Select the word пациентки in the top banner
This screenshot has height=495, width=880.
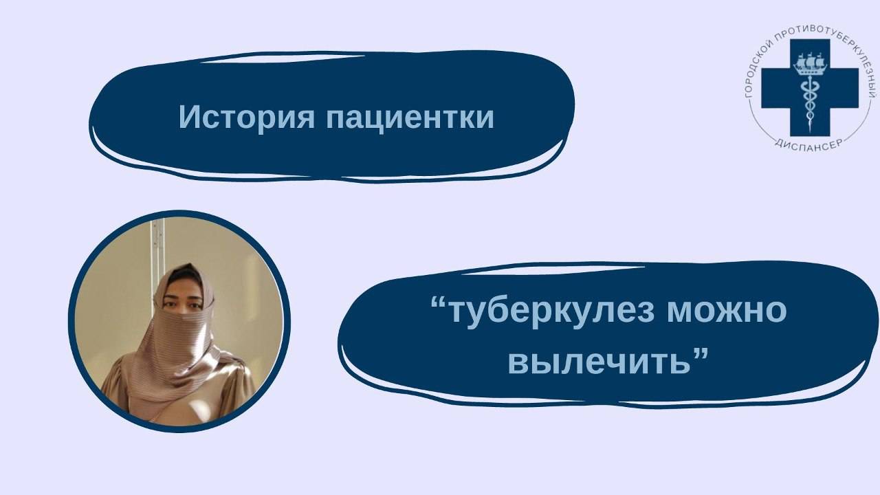tap(410, 118)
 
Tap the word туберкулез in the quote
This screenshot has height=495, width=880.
tap(549, 311)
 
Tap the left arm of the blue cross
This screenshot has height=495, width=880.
tap(773, 88)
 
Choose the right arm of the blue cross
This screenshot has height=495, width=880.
tap(845, 88)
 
